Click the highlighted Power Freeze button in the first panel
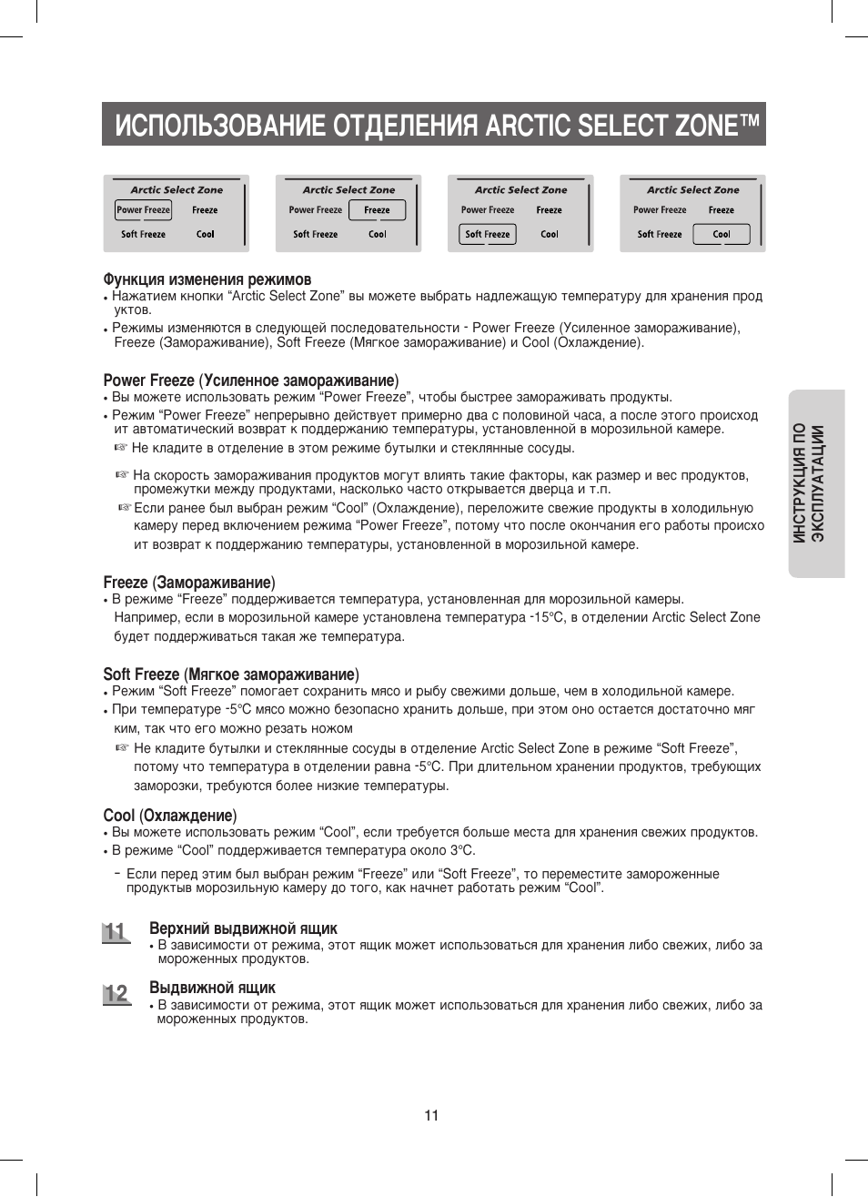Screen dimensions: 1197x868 (x=144, y=210)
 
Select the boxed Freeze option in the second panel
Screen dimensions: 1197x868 (x=377, y=210)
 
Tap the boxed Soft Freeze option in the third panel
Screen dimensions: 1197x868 (x=487, y=235)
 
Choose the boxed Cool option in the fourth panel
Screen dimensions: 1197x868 (x=722, y=235)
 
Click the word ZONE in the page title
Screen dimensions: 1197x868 (x=706, y=125)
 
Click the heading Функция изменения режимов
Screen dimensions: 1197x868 (x=207, y=279)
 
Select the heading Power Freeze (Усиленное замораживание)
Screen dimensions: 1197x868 (x=250, y=380)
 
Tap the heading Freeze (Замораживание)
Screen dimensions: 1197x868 (x=188, y=583)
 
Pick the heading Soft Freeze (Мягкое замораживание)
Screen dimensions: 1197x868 (x=230, y=675)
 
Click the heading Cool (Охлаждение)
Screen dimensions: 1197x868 (x=169, y=816)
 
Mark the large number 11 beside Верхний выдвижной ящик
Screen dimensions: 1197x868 (x=115, y=932)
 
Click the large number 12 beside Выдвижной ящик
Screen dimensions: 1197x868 (x=116, y=993)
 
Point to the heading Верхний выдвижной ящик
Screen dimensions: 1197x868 (x=243, y=928)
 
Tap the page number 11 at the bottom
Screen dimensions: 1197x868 (x=431, y=1116)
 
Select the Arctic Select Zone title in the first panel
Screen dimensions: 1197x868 (x=177, y=190)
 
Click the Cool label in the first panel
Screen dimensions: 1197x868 (x=206, y=235)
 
